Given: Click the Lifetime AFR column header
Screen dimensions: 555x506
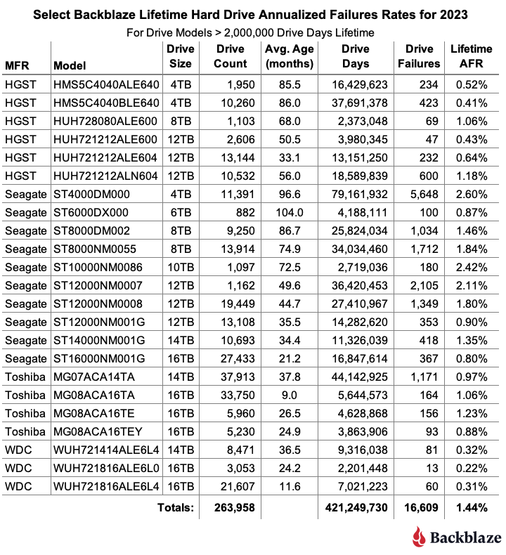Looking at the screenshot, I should click(x=471, y=56).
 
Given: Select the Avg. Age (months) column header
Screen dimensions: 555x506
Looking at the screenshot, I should click(x=289, y=56).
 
